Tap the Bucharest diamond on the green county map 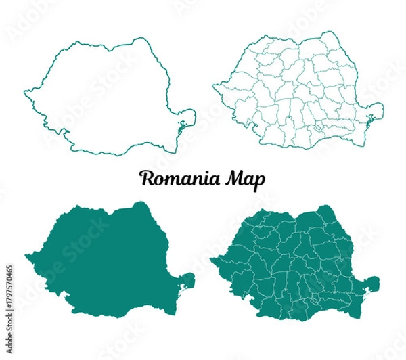[315, 298]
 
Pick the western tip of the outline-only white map [25, 89]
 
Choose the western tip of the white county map [214, 86]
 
